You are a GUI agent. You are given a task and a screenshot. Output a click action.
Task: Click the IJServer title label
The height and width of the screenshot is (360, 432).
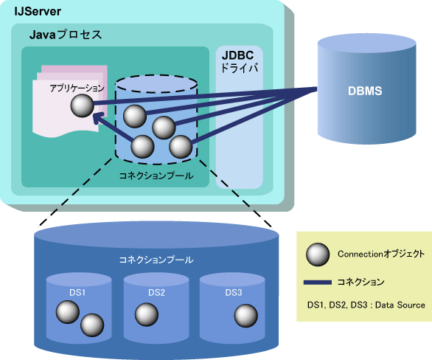[x=38, y=12]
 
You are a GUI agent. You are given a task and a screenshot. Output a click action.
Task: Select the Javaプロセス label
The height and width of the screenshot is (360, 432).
[x=66, y=35]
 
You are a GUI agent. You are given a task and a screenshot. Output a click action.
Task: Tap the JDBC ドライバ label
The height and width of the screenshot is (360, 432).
[x=240, y=62]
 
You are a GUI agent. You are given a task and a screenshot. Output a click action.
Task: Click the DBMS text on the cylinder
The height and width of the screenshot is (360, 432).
[x=365, y=91]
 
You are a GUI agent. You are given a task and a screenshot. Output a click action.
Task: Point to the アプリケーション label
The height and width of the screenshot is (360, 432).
[x=77, y=89]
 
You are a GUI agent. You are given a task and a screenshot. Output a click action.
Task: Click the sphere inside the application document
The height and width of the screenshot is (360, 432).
[x=82, y=105]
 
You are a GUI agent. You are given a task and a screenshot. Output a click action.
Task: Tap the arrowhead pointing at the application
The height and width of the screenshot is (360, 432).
[x=97, y=118]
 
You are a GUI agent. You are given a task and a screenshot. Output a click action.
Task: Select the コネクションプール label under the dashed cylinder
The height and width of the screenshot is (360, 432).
[x=156, y=176]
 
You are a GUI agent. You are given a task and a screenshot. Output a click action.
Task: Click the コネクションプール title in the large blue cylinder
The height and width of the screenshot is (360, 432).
[x=156, y=260]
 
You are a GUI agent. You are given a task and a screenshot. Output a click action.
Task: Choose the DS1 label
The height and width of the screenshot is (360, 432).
[x=77, y=292]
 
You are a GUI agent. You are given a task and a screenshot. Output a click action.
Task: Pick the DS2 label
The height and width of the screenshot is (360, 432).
[x=156, y=292]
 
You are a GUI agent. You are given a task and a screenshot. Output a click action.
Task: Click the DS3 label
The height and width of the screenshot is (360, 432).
[x=234, y=292]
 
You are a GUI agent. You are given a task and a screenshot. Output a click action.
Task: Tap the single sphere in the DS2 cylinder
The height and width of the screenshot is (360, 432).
[x=147, y=314]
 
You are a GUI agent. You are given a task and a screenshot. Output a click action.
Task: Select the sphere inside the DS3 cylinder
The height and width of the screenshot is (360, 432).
[x=246, y=316]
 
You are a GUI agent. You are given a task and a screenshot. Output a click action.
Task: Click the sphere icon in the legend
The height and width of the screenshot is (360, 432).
[x=318, y=255]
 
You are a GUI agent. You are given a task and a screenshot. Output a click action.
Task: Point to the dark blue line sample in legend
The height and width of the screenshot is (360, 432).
[x=318, y=283]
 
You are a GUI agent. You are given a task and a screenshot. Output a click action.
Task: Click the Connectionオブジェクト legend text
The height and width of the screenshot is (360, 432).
[x=381, y=254]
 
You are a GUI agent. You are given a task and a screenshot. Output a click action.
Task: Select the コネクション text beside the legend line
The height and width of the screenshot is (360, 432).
[x=360, y=282]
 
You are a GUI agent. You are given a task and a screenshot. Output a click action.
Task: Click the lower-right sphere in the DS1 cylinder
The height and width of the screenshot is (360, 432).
[x=92, y=325]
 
